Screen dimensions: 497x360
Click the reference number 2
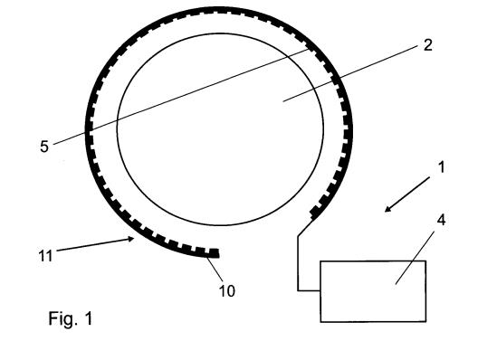tap(427, 45)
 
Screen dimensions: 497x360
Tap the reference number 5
tap(44, 147)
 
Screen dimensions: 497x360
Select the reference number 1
tap(441, 166)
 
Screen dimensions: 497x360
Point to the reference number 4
tap(441, 220)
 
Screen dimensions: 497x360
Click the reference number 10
tap(227, 291)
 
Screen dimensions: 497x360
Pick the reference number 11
tap(45, 255)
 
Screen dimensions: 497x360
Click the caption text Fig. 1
tap(71, 318)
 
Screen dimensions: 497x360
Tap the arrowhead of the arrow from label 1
tap(387, 210)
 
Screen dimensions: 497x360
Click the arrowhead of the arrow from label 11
tap(131, 239)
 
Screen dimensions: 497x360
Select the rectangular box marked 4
tap(373, 291)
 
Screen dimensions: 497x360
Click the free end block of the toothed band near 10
tap(214, 253)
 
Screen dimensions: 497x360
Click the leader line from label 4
tap(415, 258)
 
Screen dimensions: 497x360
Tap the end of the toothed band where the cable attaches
tap(315, 212)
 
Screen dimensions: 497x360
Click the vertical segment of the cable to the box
tap(298, 263)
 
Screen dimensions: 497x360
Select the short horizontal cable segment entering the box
tap(309, 290)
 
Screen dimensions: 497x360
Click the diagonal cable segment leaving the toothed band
tap(306, 227)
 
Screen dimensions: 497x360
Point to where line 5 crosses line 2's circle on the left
tap(118, 120)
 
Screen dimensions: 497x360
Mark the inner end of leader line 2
tap(283, 101)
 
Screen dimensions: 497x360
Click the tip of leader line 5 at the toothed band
tap(309, 49)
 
